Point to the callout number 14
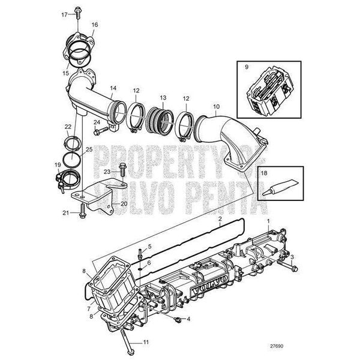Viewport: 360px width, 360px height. tap(112, 88)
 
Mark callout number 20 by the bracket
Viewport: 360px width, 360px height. tap(124, 204)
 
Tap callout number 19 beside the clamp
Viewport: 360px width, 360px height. tap(58, 164)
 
